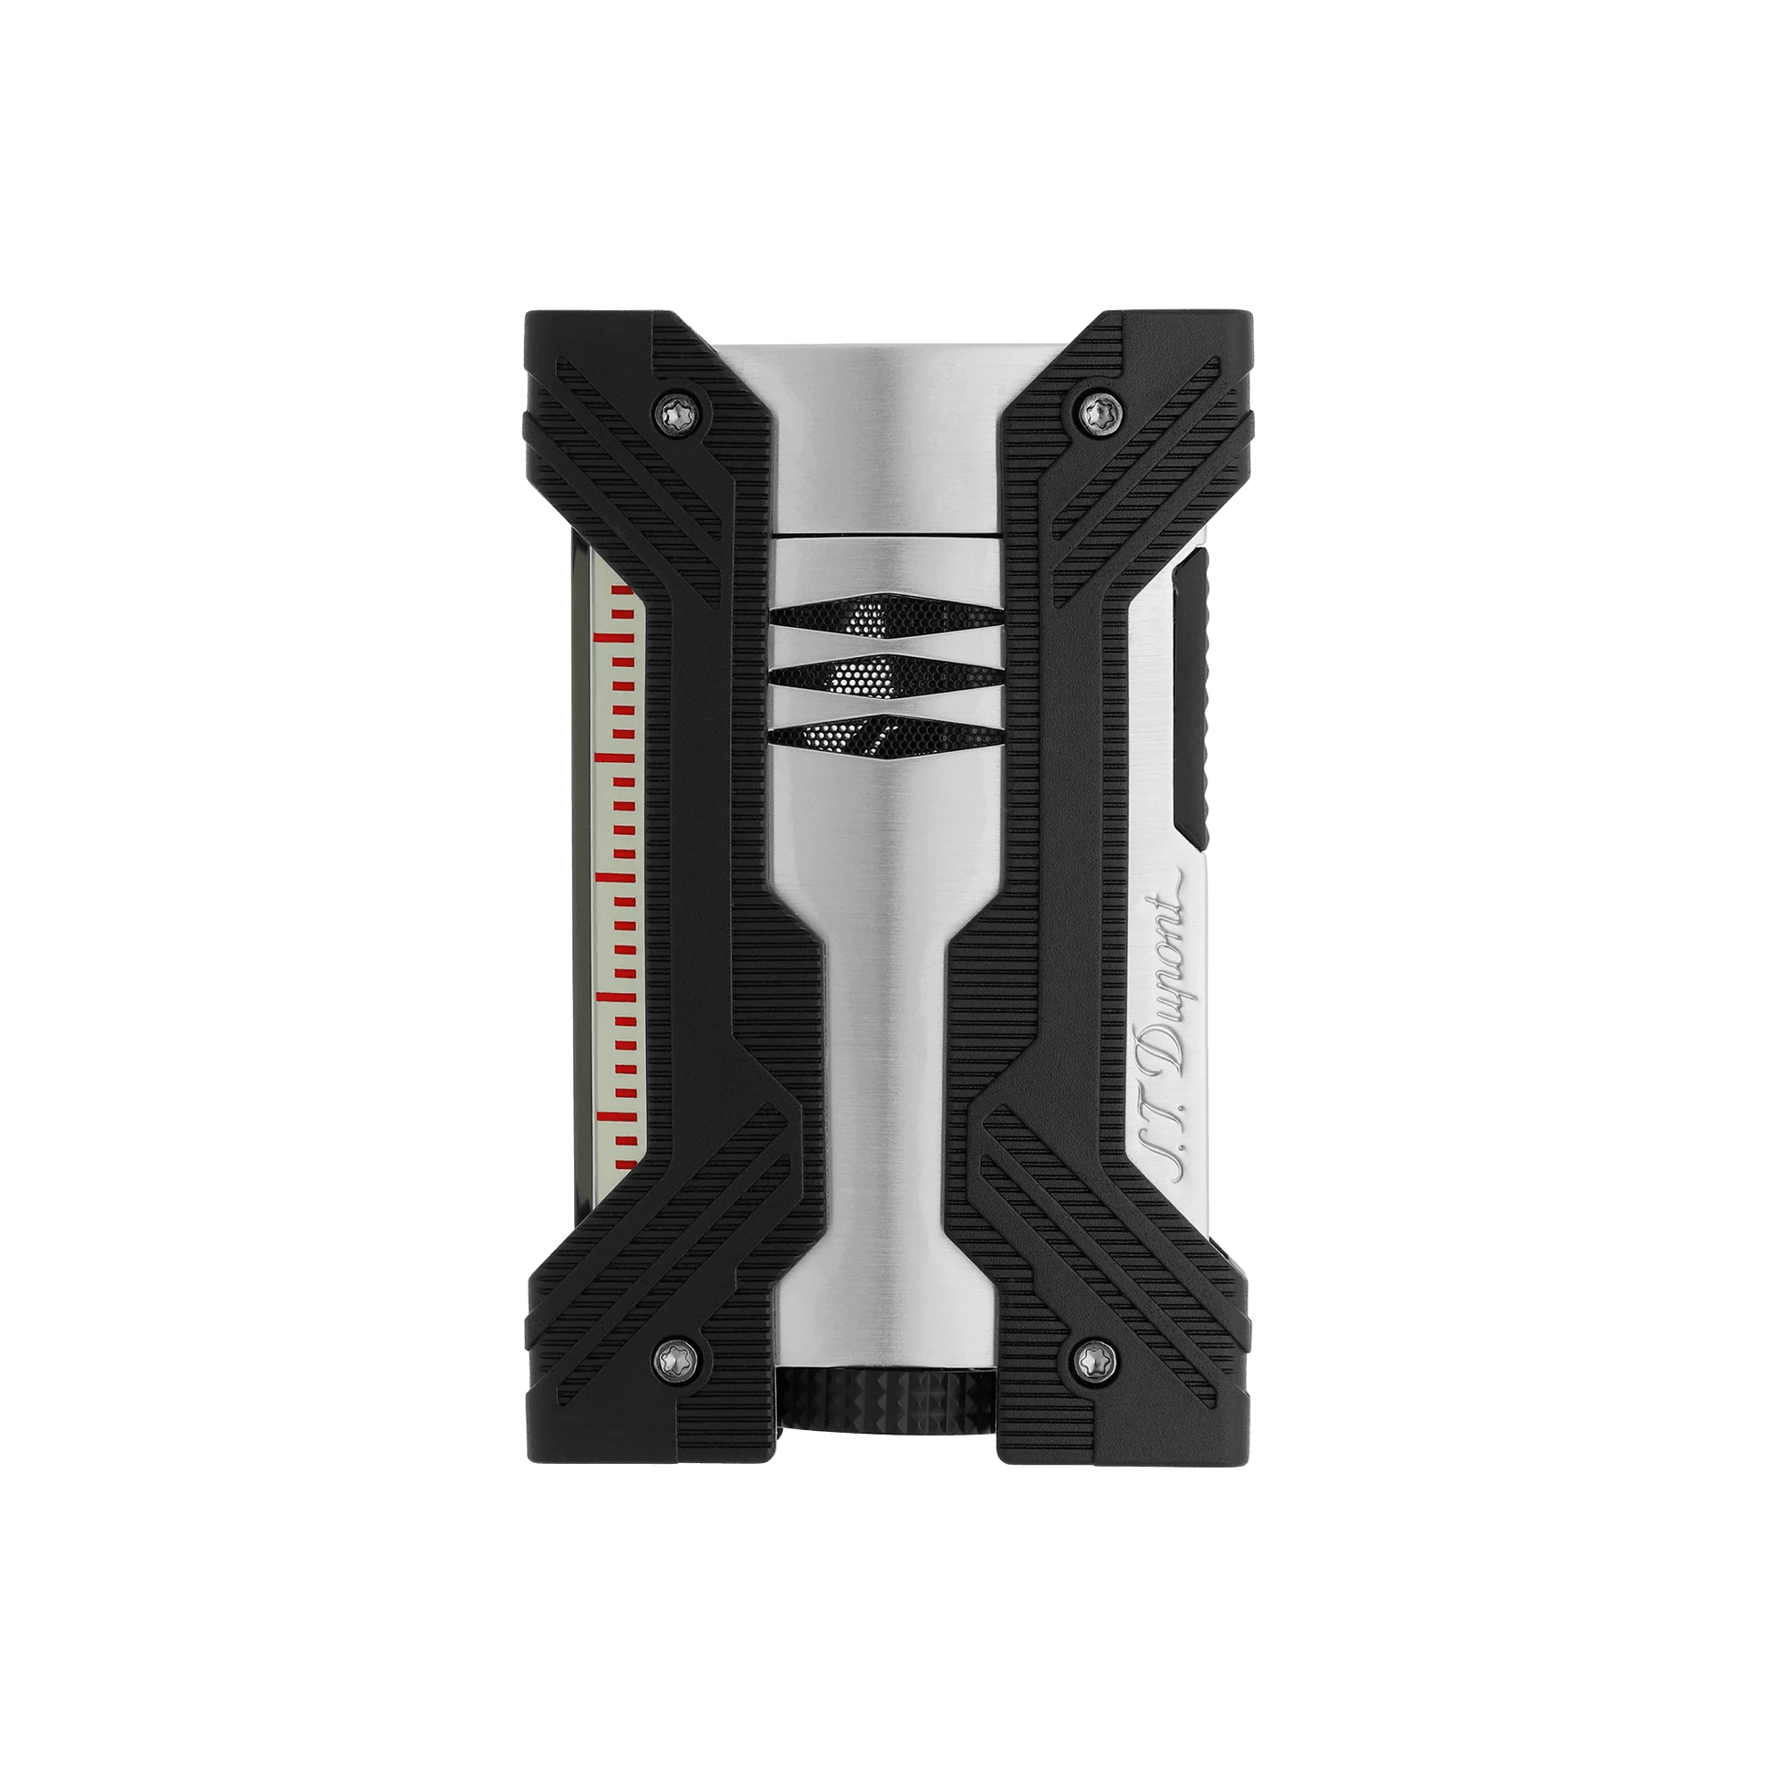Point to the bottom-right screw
[1094, 1354]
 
